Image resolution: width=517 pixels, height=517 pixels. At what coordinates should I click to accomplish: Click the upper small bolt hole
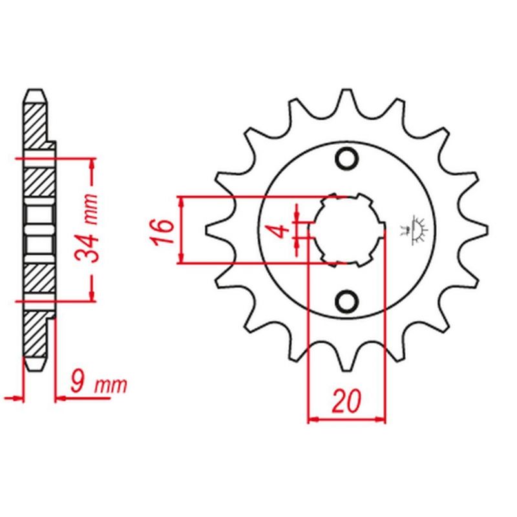347,158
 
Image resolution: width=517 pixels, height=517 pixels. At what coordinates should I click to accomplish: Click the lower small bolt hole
347,301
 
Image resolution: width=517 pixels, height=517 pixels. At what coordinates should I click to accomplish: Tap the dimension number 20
347,401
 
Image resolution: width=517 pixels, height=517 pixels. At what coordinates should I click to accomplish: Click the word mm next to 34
90,209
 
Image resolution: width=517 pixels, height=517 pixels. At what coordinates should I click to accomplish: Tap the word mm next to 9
111,386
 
